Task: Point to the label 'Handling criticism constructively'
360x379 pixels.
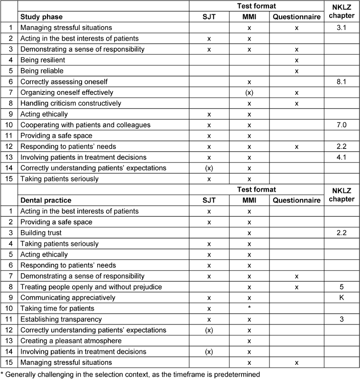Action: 71,103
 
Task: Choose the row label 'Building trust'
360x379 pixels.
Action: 41,233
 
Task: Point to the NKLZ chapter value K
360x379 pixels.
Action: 342,298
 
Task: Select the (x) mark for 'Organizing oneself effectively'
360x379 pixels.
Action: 249,92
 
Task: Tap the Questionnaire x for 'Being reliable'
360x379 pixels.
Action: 296,71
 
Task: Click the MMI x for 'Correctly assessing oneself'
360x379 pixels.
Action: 249,82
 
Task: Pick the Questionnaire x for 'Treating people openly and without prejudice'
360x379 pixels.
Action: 296,287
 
